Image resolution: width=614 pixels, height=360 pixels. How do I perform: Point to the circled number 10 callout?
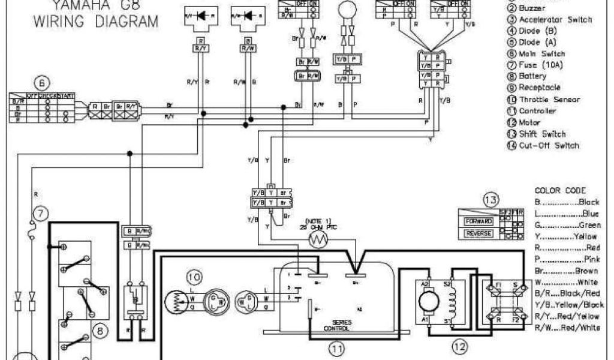point(194,277)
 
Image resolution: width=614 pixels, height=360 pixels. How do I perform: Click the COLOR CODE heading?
point(560,190)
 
